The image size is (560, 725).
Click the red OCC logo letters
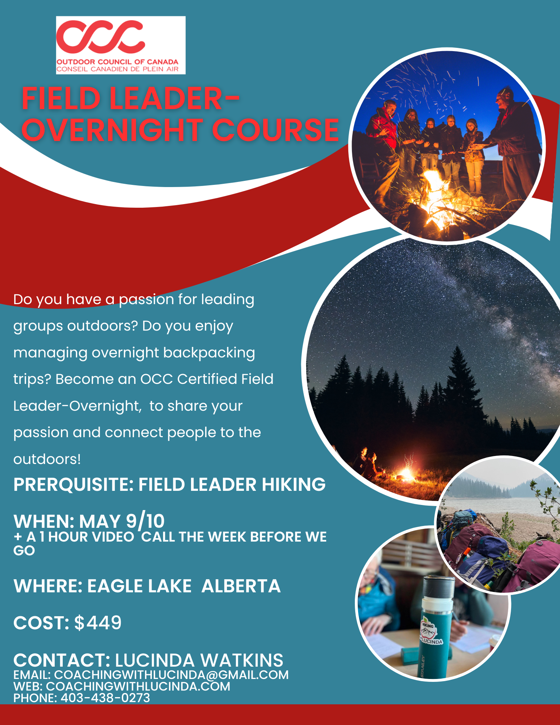(x=101, y=36)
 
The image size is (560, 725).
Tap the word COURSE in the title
(x=275, y=130)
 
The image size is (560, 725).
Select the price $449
(x=98, y=623)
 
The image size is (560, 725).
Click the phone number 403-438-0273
(x=105, y=697)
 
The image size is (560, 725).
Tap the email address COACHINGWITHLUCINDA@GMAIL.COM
(x=171, y=675)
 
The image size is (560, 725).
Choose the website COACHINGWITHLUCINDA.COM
(x=138, y=686)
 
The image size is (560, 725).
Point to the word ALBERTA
(x=241, y=586)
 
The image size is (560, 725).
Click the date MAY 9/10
(x=122, y=521)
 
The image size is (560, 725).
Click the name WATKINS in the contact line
(x=242, y=660)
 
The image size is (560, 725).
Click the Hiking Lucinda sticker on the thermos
(x=431, y=633)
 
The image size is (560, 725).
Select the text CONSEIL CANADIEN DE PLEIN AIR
(x=117, y=69)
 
